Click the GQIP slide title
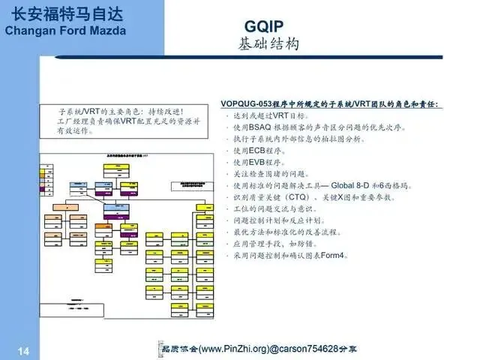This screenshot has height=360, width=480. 267,26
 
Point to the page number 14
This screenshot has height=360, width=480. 22,350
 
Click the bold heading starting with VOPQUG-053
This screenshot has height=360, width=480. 330,103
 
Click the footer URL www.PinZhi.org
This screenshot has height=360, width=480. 229,349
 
